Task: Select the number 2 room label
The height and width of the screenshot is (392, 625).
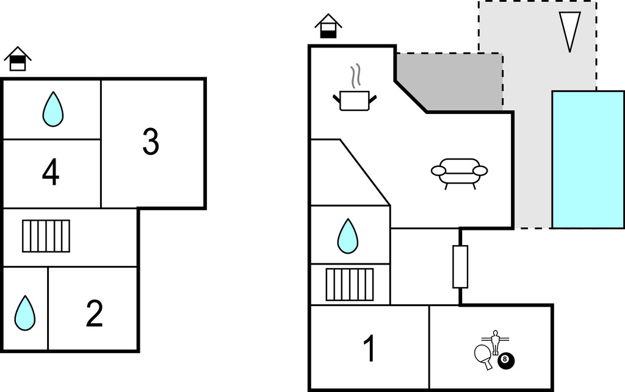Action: pyautogui.click(x=94, y=313)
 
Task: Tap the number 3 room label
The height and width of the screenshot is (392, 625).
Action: pyautogui.click(x=150, y=141)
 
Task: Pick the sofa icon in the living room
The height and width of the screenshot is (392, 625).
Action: pyautogui.click(x=459, y=173)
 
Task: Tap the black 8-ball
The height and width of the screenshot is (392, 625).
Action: pyautogui.click(x=506, y=361)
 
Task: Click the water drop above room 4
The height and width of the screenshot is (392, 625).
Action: pyautogui.click(x=53, y=109)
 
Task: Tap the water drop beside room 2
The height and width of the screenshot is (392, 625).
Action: pyautogui.click(x=25, y=313)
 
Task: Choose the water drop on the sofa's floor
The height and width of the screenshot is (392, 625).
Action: pyautogui.click(x=348, y=236)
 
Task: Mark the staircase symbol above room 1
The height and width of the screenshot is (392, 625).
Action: pyautogui.click(x=349, y=284)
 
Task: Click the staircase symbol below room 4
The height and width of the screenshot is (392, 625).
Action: pyautogui.click(x=46, y=236)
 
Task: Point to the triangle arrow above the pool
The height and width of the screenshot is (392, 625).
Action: pyautogui.click(x=570, y=29)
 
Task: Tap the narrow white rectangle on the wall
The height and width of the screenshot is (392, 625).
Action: pyautogui.click(x=460, y=266)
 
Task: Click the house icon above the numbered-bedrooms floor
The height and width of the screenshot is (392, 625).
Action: pyautogui.click(x=18, y=59)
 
